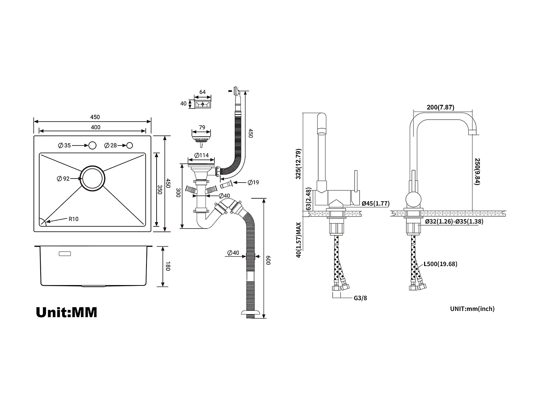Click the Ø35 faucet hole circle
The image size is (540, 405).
(93, 145)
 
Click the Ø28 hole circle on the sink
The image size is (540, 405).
(130, 145)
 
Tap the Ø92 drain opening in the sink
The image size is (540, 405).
(93, 179)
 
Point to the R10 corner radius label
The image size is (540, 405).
(73, 219)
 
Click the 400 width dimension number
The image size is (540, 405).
(95, 127)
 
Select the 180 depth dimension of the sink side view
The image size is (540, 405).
(167, 266)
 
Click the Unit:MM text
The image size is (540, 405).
(67, 312)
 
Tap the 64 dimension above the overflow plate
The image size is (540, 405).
(203, 92)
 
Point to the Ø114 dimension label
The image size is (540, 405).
(202, 156)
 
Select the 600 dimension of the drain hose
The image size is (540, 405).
(268, 260)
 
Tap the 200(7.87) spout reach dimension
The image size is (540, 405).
(440, 107)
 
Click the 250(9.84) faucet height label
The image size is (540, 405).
(477, 171)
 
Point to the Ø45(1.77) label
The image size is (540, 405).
(375, 203)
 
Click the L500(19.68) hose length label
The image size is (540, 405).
(440, 264)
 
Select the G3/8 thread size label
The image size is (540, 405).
(360, 298)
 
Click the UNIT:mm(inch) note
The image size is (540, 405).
(472, 309)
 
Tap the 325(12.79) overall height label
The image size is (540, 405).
(298, 164)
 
